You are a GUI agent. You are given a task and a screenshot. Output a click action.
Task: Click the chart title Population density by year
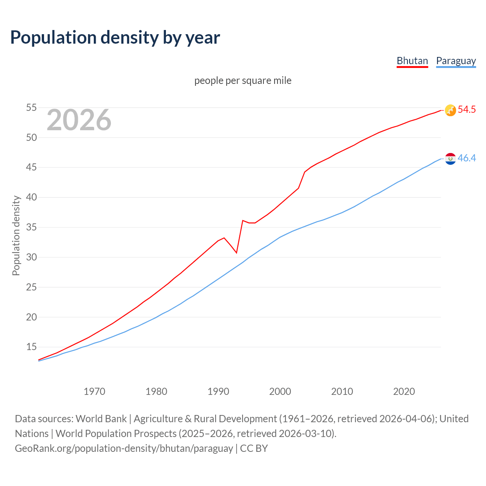(115, 38)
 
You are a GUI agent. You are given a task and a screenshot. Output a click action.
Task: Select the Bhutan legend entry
(412, 61)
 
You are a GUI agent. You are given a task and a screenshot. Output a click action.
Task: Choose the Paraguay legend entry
(456, 61)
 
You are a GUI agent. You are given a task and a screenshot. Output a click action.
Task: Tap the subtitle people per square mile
(243, 80)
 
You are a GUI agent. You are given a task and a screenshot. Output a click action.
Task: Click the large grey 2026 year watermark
(79, 120)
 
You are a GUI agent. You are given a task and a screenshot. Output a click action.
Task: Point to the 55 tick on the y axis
(31, 108)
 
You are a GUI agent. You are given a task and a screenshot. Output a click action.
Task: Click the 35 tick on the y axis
(31, 227)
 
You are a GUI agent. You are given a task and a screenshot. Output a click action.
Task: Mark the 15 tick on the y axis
(31, 347)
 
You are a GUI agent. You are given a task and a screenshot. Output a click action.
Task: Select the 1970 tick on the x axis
(94, 391)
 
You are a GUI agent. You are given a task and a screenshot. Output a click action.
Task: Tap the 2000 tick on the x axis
(280, 391)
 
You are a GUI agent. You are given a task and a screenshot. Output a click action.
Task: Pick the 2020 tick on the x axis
(404, 391)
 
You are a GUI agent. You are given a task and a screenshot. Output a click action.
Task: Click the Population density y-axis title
(16, 235)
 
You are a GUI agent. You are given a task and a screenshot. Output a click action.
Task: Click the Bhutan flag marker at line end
(450, 110)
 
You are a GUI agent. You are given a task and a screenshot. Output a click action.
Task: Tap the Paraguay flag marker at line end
(450, 159)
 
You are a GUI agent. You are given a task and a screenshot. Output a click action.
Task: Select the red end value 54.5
(467, 110)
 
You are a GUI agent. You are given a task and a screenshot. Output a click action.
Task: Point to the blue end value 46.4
(467, 158)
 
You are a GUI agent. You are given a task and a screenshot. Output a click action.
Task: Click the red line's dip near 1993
(237, 253)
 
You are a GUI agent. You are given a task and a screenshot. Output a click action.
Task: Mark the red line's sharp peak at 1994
(243, 220)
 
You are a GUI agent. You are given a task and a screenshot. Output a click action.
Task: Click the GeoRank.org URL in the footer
(124, 448)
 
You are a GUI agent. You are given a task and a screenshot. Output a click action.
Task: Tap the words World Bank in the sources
(101, 419)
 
